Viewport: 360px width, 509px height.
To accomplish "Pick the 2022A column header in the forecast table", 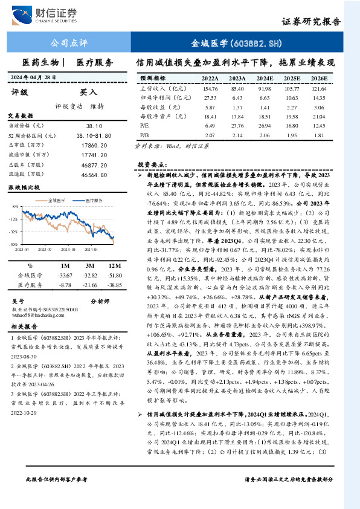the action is point(210,79).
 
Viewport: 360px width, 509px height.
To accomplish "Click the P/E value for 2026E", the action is point(319,125).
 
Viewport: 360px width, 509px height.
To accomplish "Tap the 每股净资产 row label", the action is point(156,116).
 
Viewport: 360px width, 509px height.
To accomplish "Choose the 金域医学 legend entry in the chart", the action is point(58,199).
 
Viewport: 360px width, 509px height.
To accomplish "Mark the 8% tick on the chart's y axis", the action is point(15,207).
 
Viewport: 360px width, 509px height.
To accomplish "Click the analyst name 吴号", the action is point(18,300).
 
